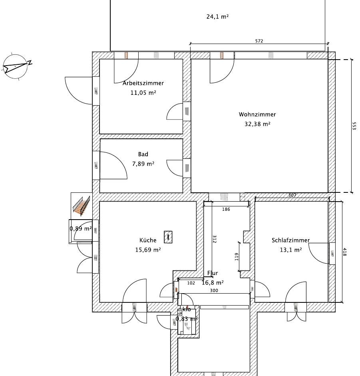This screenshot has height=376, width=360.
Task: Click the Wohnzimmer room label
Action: click(257, 114)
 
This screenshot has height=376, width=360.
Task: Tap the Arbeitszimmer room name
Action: click(143, 83)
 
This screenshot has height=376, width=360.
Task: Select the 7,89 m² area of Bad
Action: click(143, 164)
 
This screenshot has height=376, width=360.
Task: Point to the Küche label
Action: click(148, 240)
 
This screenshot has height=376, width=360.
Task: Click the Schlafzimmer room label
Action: click(290, 240)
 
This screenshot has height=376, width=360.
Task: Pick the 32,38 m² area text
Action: click(257, 124)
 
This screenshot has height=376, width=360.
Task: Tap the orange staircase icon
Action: click(82, 206)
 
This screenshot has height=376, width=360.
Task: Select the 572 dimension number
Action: click(259, 41)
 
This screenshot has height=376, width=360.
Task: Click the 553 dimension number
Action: click(354, 126)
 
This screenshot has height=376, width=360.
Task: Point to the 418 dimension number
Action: click(344, 252)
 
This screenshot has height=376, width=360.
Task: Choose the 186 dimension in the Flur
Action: click(226, 209)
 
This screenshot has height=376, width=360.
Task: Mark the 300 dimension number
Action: click(214, 291)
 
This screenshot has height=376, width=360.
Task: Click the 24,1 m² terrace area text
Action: click(217, 16)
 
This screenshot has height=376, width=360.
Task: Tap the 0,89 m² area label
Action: click(81, 228)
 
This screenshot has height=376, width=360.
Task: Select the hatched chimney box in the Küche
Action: click(168, 237)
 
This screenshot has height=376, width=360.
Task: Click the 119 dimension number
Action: click(237, 256)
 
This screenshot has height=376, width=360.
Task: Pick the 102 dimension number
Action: click(191, 283)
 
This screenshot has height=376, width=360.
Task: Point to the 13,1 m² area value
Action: click(291, 250)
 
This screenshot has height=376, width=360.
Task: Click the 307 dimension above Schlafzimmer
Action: click(292, 195)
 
